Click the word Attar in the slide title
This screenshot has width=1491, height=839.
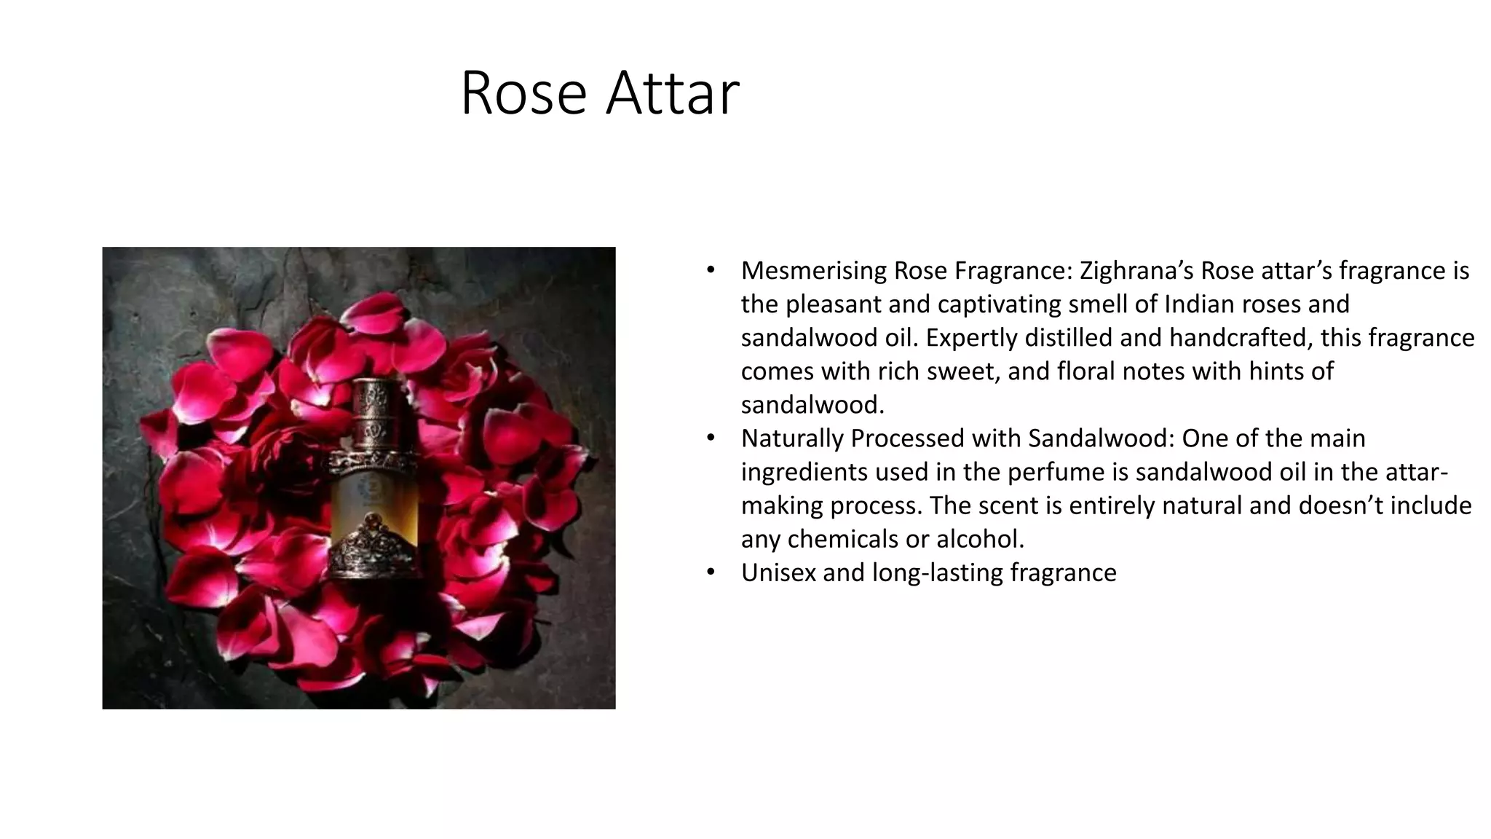pos(673,92)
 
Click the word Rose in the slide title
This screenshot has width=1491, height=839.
pos(523,92)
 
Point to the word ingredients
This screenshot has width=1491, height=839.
pos(804,472)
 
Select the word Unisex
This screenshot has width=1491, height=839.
pos(778,572)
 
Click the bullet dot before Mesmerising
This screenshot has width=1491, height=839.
pos(711,271)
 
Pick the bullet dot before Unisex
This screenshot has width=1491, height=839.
pos(711,572)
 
